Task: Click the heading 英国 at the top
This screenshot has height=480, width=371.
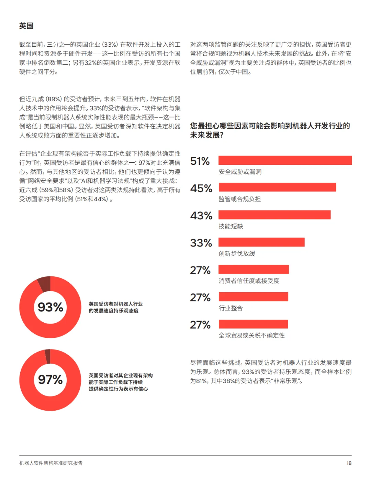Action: (x=26, y=26)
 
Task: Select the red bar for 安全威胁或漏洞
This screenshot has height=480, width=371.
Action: (x=285, y=160)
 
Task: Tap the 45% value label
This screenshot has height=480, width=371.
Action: (x=201, y=188)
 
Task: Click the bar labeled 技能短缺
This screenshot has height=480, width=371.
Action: (x=274, y=215)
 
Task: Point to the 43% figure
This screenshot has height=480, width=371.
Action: (x=201, y=216)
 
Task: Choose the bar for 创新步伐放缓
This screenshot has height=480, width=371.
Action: (x=261, y=242)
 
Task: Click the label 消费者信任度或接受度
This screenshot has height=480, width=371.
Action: (x=249, y=281)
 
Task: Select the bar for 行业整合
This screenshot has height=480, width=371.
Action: (x=254, y=297)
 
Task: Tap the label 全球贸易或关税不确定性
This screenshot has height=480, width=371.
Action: (x=251, y=335)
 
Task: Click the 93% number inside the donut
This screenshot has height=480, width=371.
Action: (x=50, y=307)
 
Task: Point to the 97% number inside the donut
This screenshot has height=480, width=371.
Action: (x=50, y=379)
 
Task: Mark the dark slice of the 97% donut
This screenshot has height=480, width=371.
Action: (x=48, y=356)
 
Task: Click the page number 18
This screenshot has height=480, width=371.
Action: (x=349, y=463)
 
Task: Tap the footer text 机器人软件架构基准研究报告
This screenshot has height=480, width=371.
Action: (x=51, y=463)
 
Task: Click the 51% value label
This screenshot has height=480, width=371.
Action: (x=200, y=161)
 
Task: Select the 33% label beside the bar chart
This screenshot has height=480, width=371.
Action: (x=201, y=243)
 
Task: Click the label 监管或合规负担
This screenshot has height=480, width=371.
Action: (x=240, y=199)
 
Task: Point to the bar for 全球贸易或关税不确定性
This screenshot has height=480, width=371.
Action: (x=253, y=324)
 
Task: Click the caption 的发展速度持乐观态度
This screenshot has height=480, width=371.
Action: (x=114, y=311)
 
